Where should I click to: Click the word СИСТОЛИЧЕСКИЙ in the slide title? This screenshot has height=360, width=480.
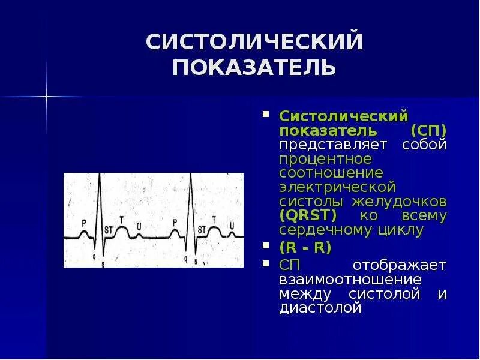[254, 43]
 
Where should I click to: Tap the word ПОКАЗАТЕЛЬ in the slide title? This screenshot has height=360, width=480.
[254, 67]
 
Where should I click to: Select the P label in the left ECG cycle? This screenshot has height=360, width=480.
[84, 223]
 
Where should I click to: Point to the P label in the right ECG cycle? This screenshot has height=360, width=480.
[175, 223]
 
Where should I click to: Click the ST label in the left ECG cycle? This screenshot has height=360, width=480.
[109, 229]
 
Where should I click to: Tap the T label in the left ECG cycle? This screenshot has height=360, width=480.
[122, 220]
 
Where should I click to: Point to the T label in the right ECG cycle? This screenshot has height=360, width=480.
[214, 220]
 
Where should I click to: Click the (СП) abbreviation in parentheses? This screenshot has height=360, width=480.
[428, 130]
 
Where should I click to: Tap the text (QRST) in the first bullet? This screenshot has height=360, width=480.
[308, 215]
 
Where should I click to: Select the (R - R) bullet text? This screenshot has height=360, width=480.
[305, 247]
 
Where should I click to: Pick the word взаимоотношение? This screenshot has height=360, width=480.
[350, 280]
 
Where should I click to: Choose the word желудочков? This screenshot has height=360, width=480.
[407, 201]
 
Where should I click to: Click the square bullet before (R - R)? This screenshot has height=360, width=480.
[266, 246]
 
